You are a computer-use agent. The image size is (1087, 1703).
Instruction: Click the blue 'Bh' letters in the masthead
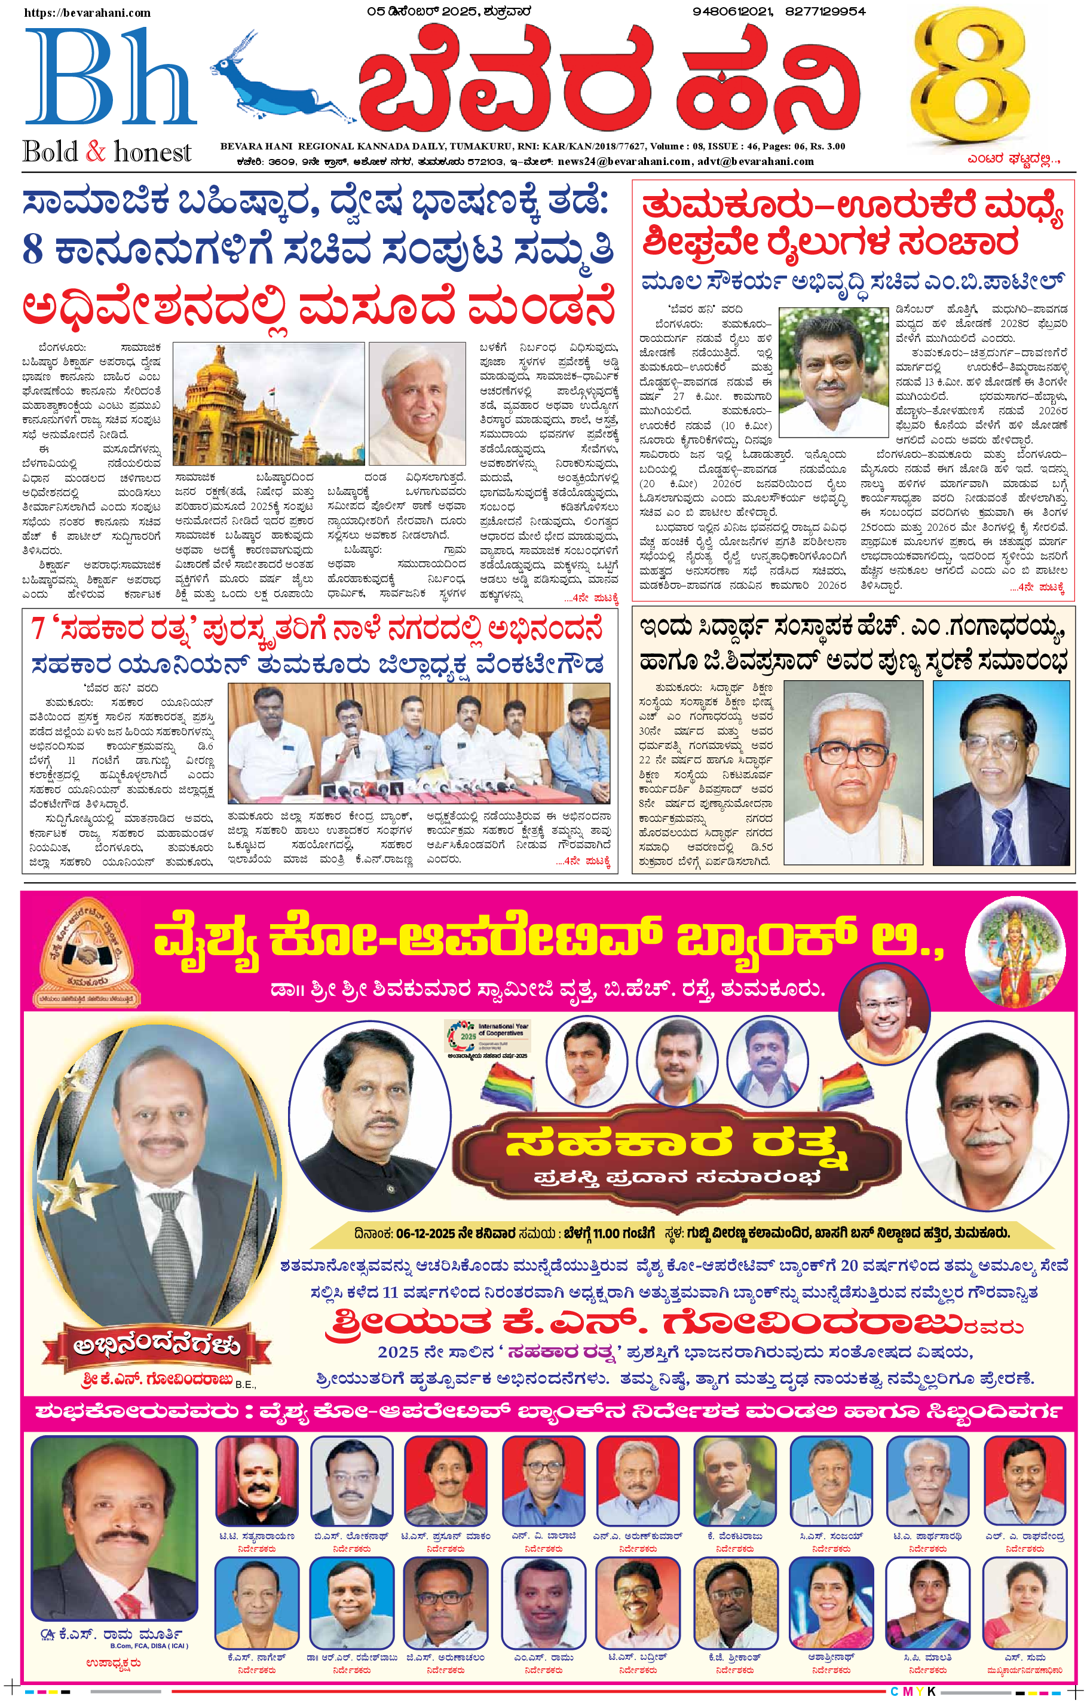(109, 78)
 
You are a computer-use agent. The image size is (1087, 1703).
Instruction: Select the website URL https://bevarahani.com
(87, 13)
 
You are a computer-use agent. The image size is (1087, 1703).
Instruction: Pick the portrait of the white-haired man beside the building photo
(417, 403)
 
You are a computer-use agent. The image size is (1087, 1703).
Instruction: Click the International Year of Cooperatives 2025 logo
(488, 1038)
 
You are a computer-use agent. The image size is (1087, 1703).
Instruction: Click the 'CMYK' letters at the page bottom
(913, 1691)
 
